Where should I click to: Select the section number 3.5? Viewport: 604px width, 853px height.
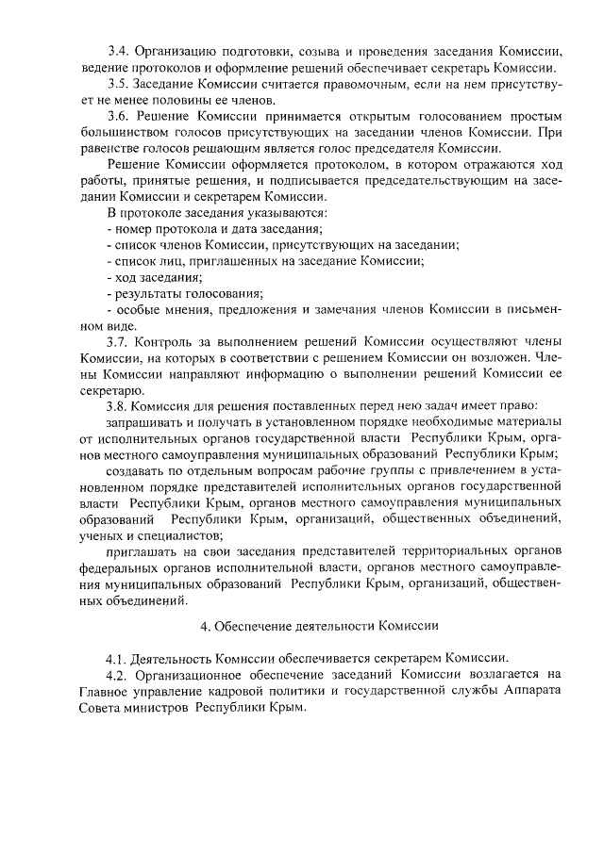tap(118, 84)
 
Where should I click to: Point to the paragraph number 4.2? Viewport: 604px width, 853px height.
tap(118, 675)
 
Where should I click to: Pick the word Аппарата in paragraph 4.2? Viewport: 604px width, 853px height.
tap(535, 692)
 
